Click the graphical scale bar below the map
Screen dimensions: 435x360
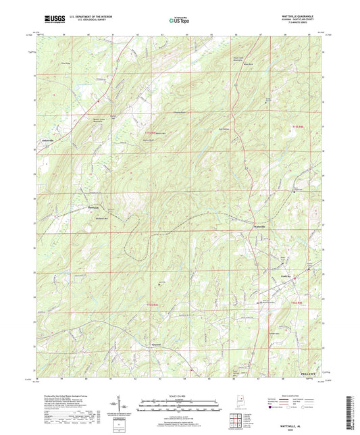[180, 405]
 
